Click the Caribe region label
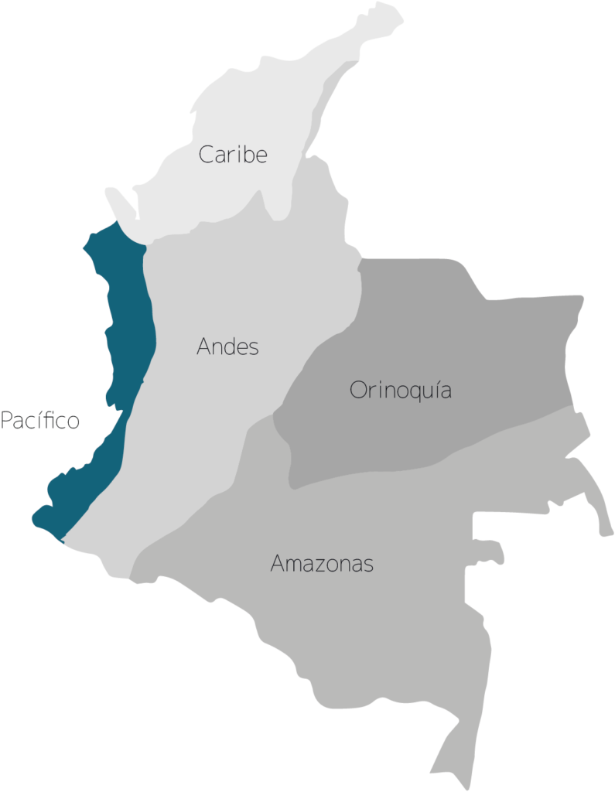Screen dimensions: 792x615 pyautogui.click(x=233, y=155)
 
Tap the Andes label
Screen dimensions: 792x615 pyautogui.click(x=227, y=346)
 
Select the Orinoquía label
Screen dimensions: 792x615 pyautogui.click(x=400, y=390)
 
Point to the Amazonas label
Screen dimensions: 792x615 pyautogui.click(x=322, y=564)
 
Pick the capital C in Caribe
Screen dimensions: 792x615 pyautogui.click(x=207, y=155)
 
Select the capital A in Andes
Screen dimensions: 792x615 pyautogui.click(x=204, y=346)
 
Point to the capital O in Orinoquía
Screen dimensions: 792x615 pyautogui.click(x=357, y=390)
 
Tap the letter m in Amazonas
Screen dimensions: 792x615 pyautogui.click(x=291, y=565)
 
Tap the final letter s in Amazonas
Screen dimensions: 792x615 pyautogui.click(x=368, y=565)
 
